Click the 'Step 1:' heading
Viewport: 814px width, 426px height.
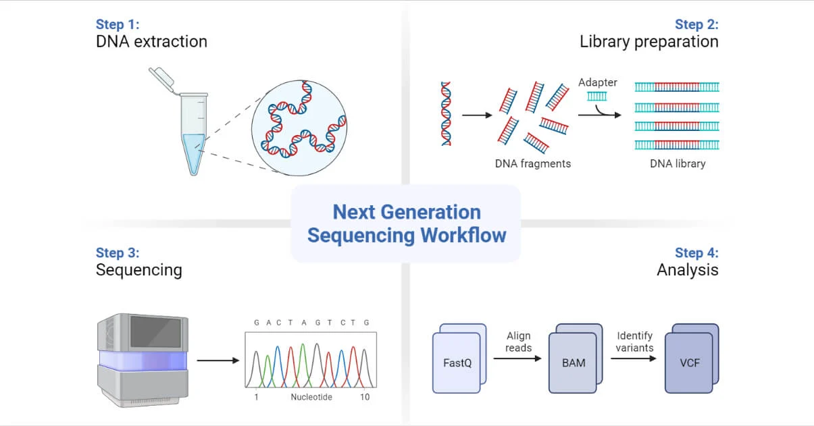pyautogui.click(x=118, y=24)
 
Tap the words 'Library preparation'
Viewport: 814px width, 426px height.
pyautogui.click(x=648, y=42)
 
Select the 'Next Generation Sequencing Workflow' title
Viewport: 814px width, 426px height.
pyautogui.click(x=406, y=223)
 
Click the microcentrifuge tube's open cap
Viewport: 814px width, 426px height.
pyautogui.click(x=163, y=78)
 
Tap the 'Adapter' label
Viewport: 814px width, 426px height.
pyautogui.click(x=597, y=82)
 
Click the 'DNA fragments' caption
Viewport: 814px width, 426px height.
pyautogui.click(x=532, y=163)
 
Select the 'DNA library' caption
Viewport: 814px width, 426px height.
pyautogui.click(x=677, y=163)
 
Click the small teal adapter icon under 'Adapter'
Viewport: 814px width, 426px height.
pyautogui.click(x=596, y=96)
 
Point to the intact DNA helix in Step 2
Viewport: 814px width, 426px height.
pyautogui.click(x=446, y=113)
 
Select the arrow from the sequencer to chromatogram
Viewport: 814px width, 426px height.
pyautogui.click(x=218, y=361)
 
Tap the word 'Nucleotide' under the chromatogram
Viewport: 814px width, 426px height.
pyautogui.click(x=311, y=397)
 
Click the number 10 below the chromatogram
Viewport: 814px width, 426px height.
pyautogui.click(x=365, y=397)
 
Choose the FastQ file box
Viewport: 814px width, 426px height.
pyautogui.click(x=457, y=363)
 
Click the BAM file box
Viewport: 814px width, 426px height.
pyautogui.click(x=573, y=363)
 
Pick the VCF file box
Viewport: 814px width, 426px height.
pyautogui.click(x=689, y=363)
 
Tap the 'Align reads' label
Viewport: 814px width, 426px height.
pyautogui.click(x=518, y=342)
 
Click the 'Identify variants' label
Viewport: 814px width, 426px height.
pyautogui.click(x=634, y=342)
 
